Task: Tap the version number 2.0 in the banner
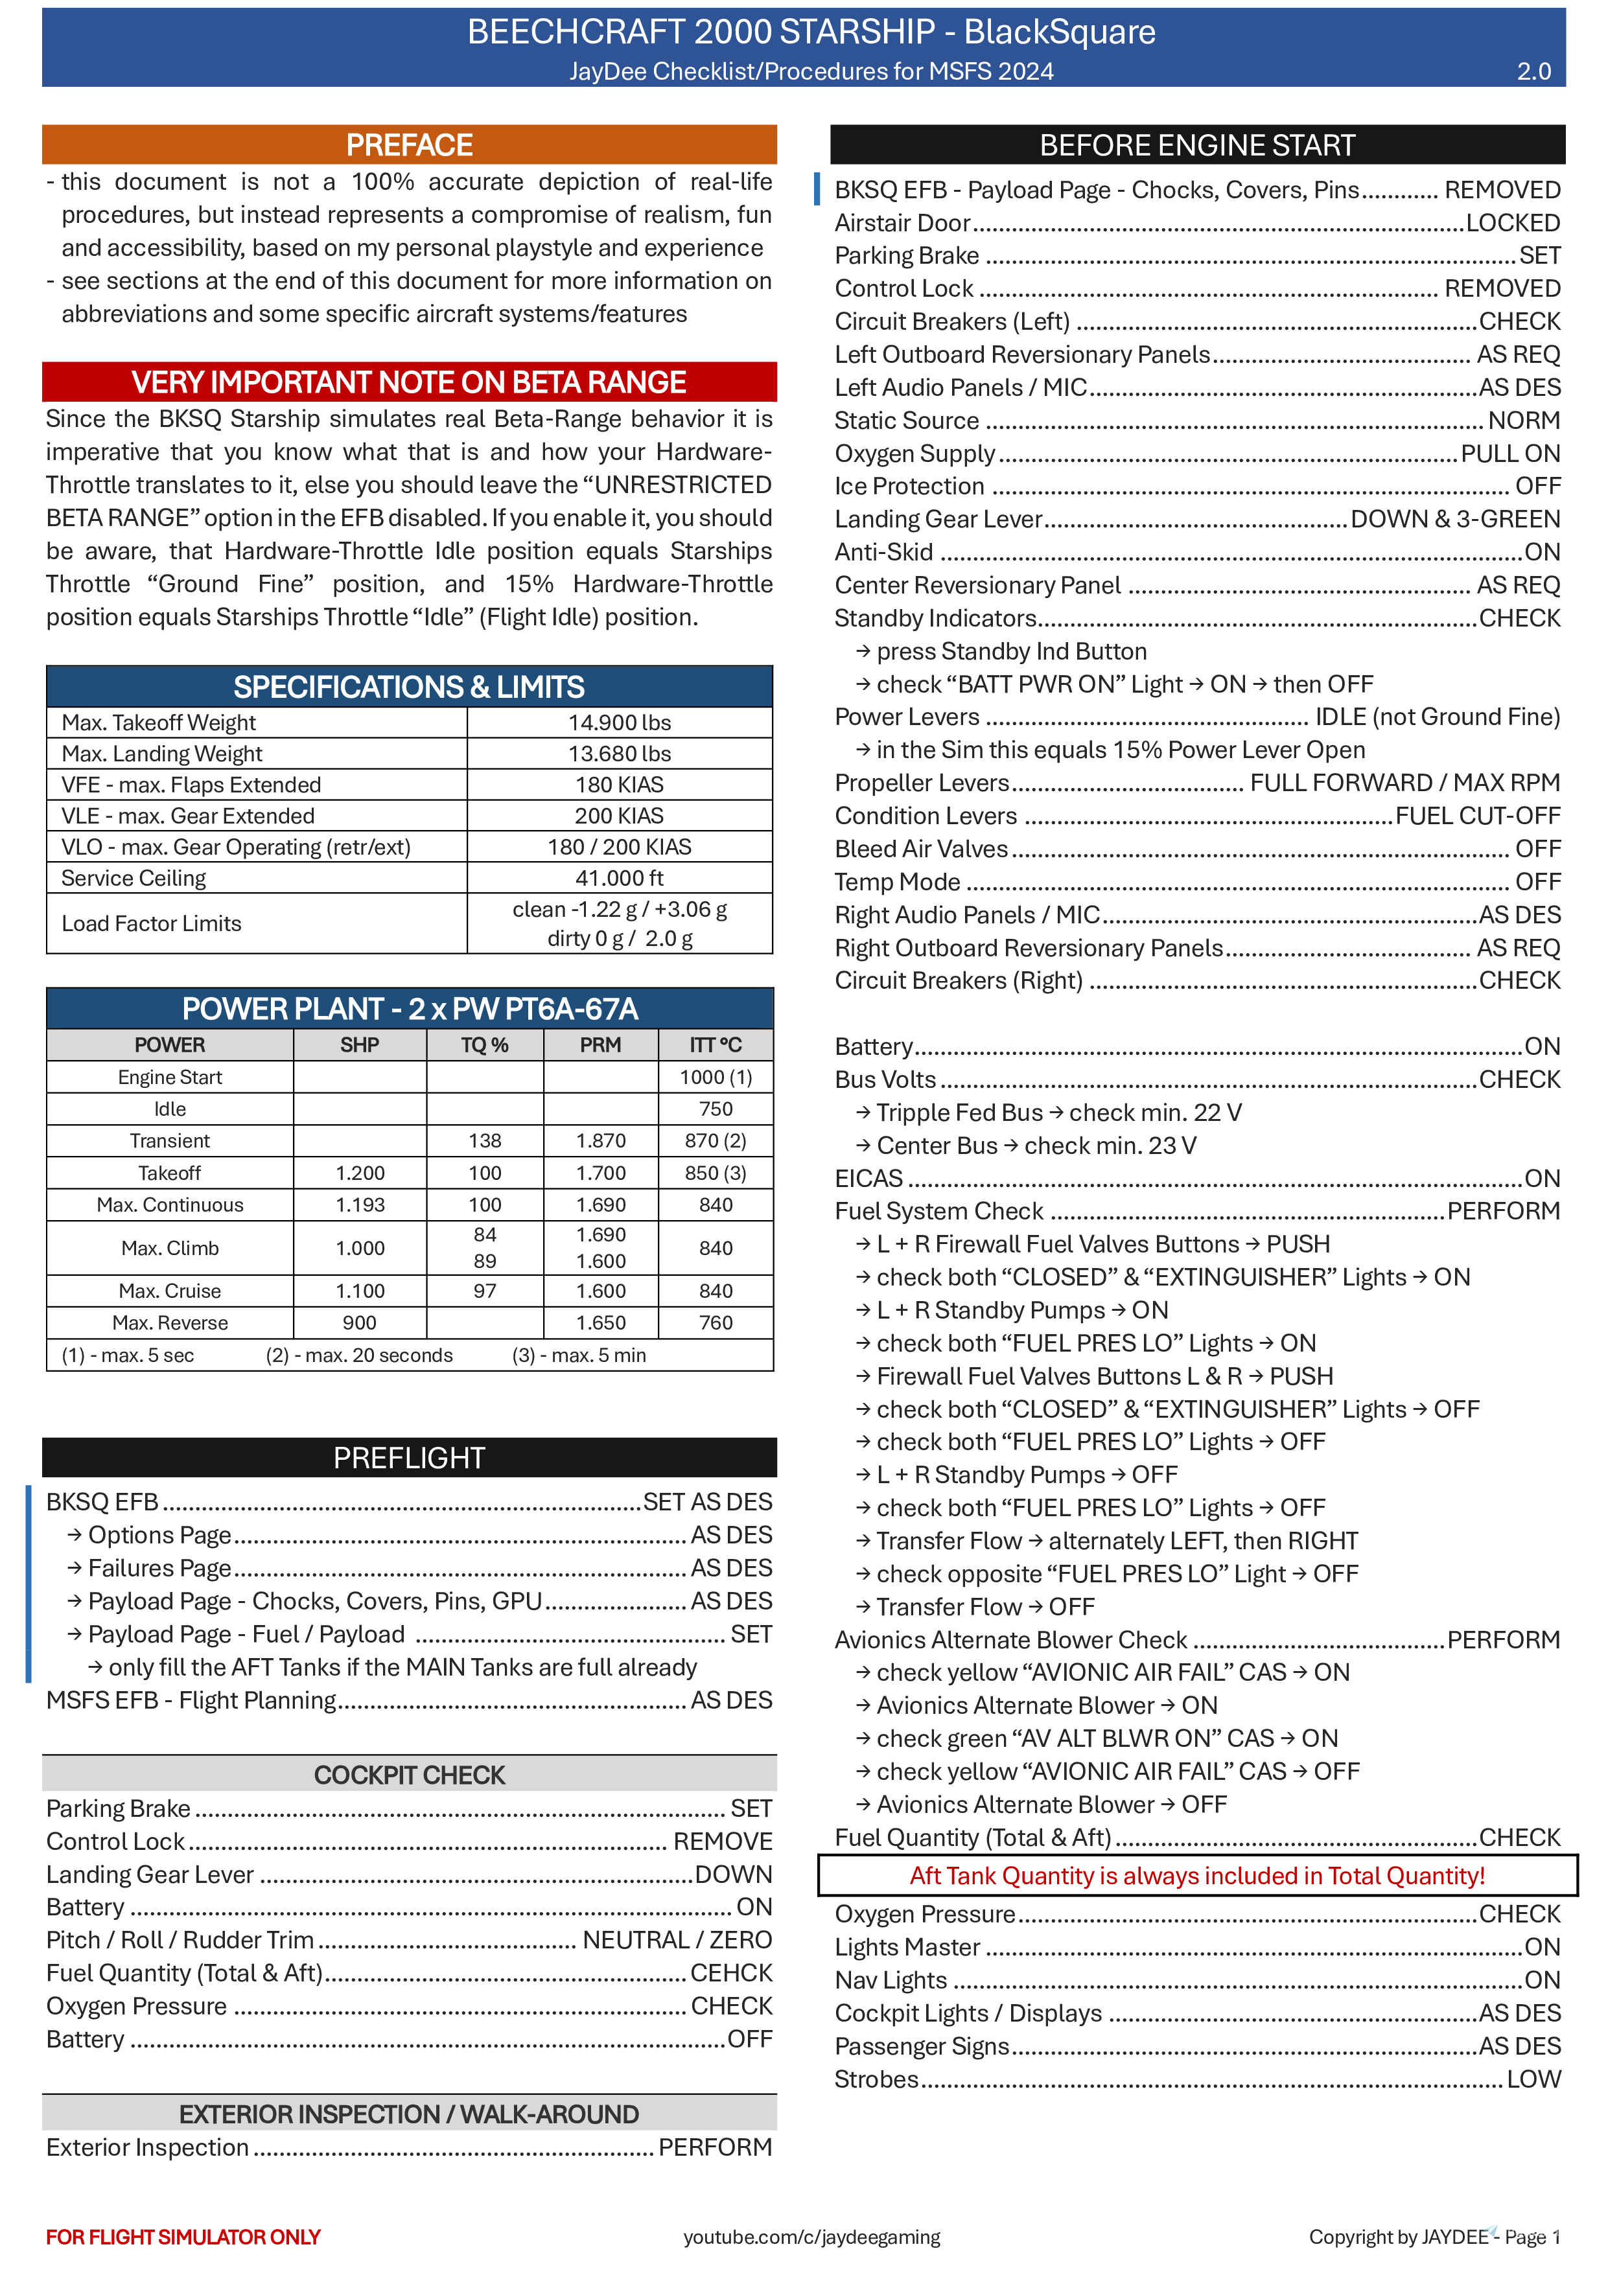click(x=1533, y=71)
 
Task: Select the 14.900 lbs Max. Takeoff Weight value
click(x=619, y=722)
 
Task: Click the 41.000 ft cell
click(x=619, y=878)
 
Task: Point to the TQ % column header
click(x=484, y=1045)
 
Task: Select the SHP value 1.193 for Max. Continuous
click(x=360, y=1205)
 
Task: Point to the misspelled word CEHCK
click(x=730, y=1973)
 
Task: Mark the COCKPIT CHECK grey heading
click(x=409, y=1775)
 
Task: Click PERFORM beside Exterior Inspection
click(x=715, y=2147)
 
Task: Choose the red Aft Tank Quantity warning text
click(x=1197, y=1876)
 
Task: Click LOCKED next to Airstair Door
click(x=1512, y=223)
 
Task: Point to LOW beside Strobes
click(x=1533, y=2080)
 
